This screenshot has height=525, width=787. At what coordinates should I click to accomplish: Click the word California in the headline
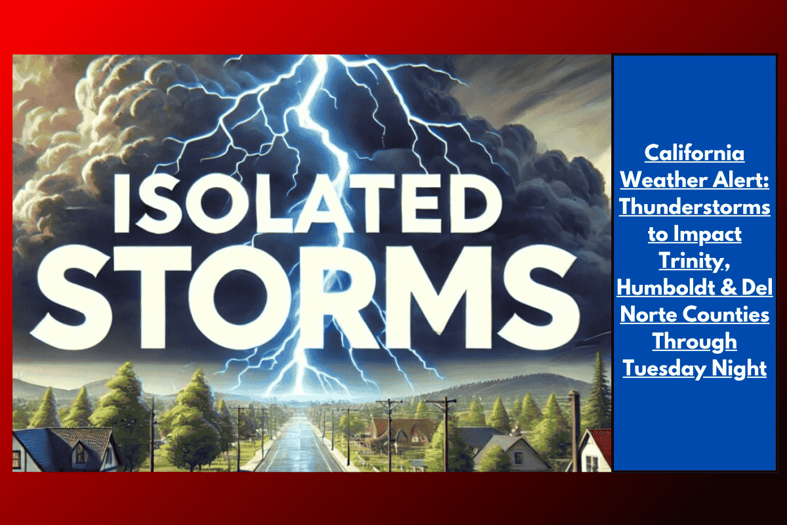pyautogui.click(x=695, y=154)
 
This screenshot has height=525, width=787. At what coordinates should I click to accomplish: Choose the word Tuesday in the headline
pyautogui.click(x=662, y=369)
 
